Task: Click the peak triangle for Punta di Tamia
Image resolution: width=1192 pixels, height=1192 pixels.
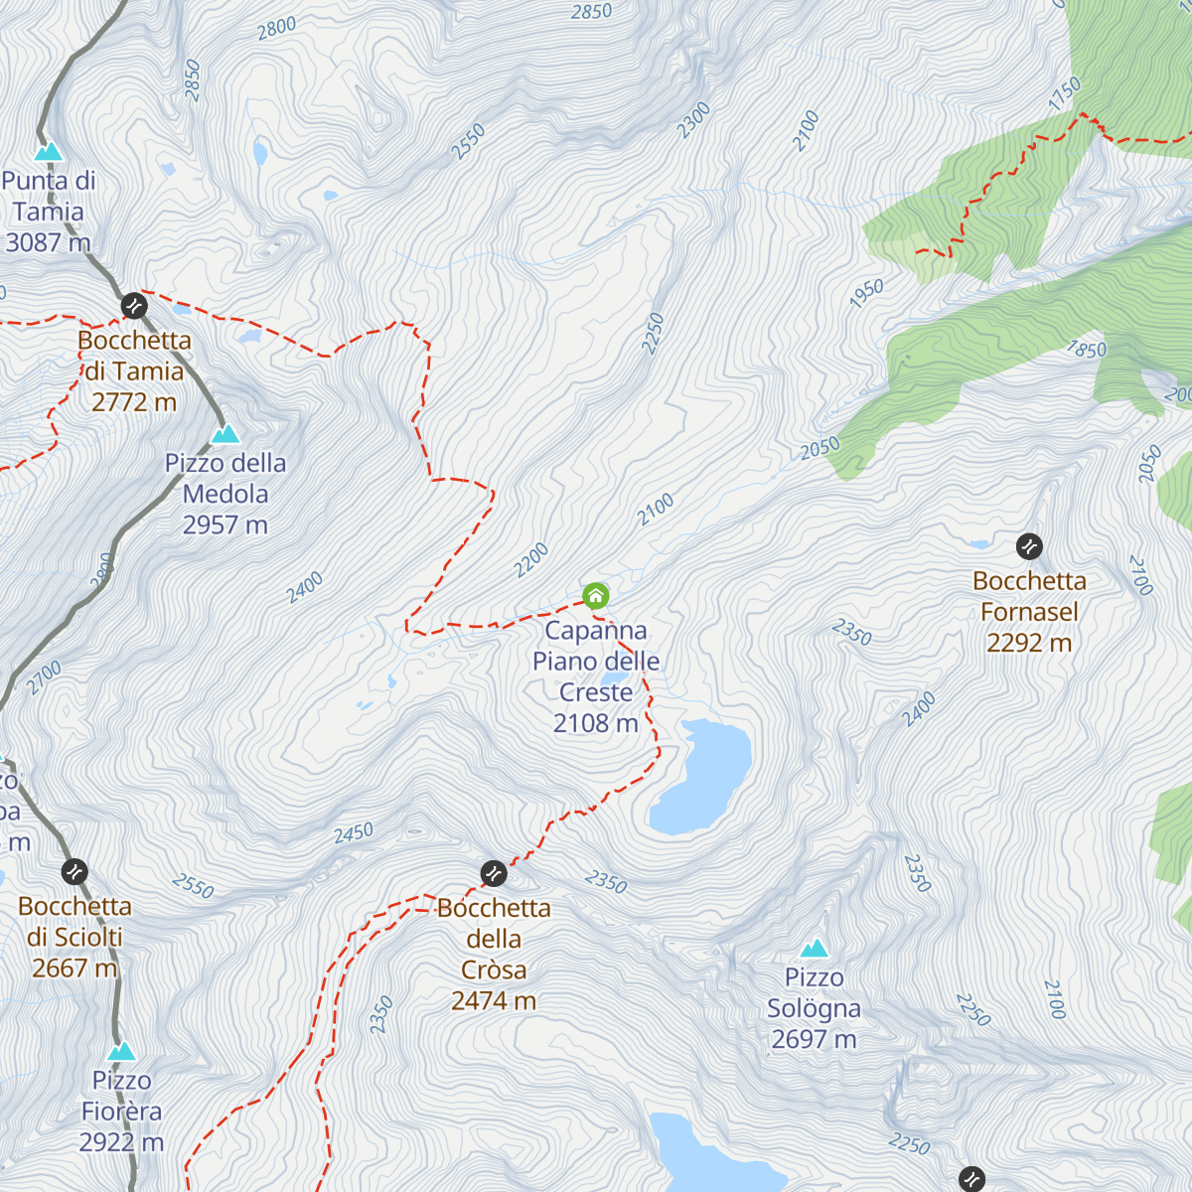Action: coord(48,152)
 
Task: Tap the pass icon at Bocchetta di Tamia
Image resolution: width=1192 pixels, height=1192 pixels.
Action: coord(134,305)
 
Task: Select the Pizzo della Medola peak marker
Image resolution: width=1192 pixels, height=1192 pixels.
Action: coord(225,434)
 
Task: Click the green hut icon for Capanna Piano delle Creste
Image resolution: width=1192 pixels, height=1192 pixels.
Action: coord(595,596)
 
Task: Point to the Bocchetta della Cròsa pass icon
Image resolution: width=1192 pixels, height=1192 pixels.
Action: coord(494,873)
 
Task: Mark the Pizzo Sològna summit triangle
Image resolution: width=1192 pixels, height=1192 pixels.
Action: coord(815,949)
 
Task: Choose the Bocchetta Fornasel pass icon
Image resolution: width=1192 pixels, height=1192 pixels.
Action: coord(1029,545)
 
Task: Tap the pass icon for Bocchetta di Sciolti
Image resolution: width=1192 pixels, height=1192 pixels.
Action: coord(74,872)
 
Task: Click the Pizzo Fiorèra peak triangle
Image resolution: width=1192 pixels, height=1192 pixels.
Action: coord(121,1052)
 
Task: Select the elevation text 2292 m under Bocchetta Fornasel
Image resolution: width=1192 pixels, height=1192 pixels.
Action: coord(1029,643)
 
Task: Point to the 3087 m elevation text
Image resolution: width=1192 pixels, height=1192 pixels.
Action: coord(48,242)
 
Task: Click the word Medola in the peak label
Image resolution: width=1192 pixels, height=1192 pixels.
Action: coord(225,494)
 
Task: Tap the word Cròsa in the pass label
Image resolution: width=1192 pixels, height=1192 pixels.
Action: coord(494,969)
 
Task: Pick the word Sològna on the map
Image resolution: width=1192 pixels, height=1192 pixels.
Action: coord(814,1008)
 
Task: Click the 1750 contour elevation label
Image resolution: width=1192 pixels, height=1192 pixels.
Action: coord(1064,93)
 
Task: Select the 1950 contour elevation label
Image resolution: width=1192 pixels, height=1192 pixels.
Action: coord(866,293)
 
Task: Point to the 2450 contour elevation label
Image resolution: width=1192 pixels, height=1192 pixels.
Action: coord(354,832)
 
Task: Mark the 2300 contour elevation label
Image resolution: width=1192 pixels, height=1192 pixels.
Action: coord(693,120)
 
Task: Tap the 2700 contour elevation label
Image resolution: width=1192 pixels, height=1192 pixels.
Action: coord(45,677)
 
